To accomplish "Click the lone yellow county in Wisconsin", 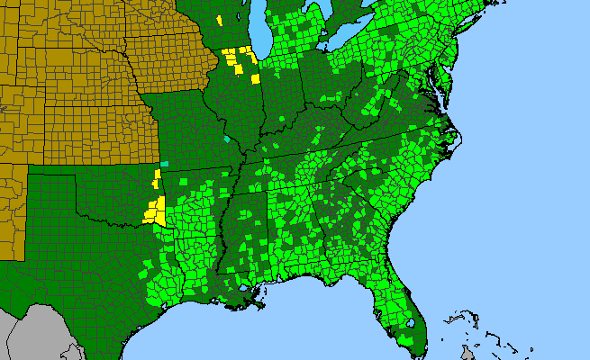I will (x=220, y=20).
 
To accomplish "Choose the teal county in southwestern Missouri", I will (x=164, y=164).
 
